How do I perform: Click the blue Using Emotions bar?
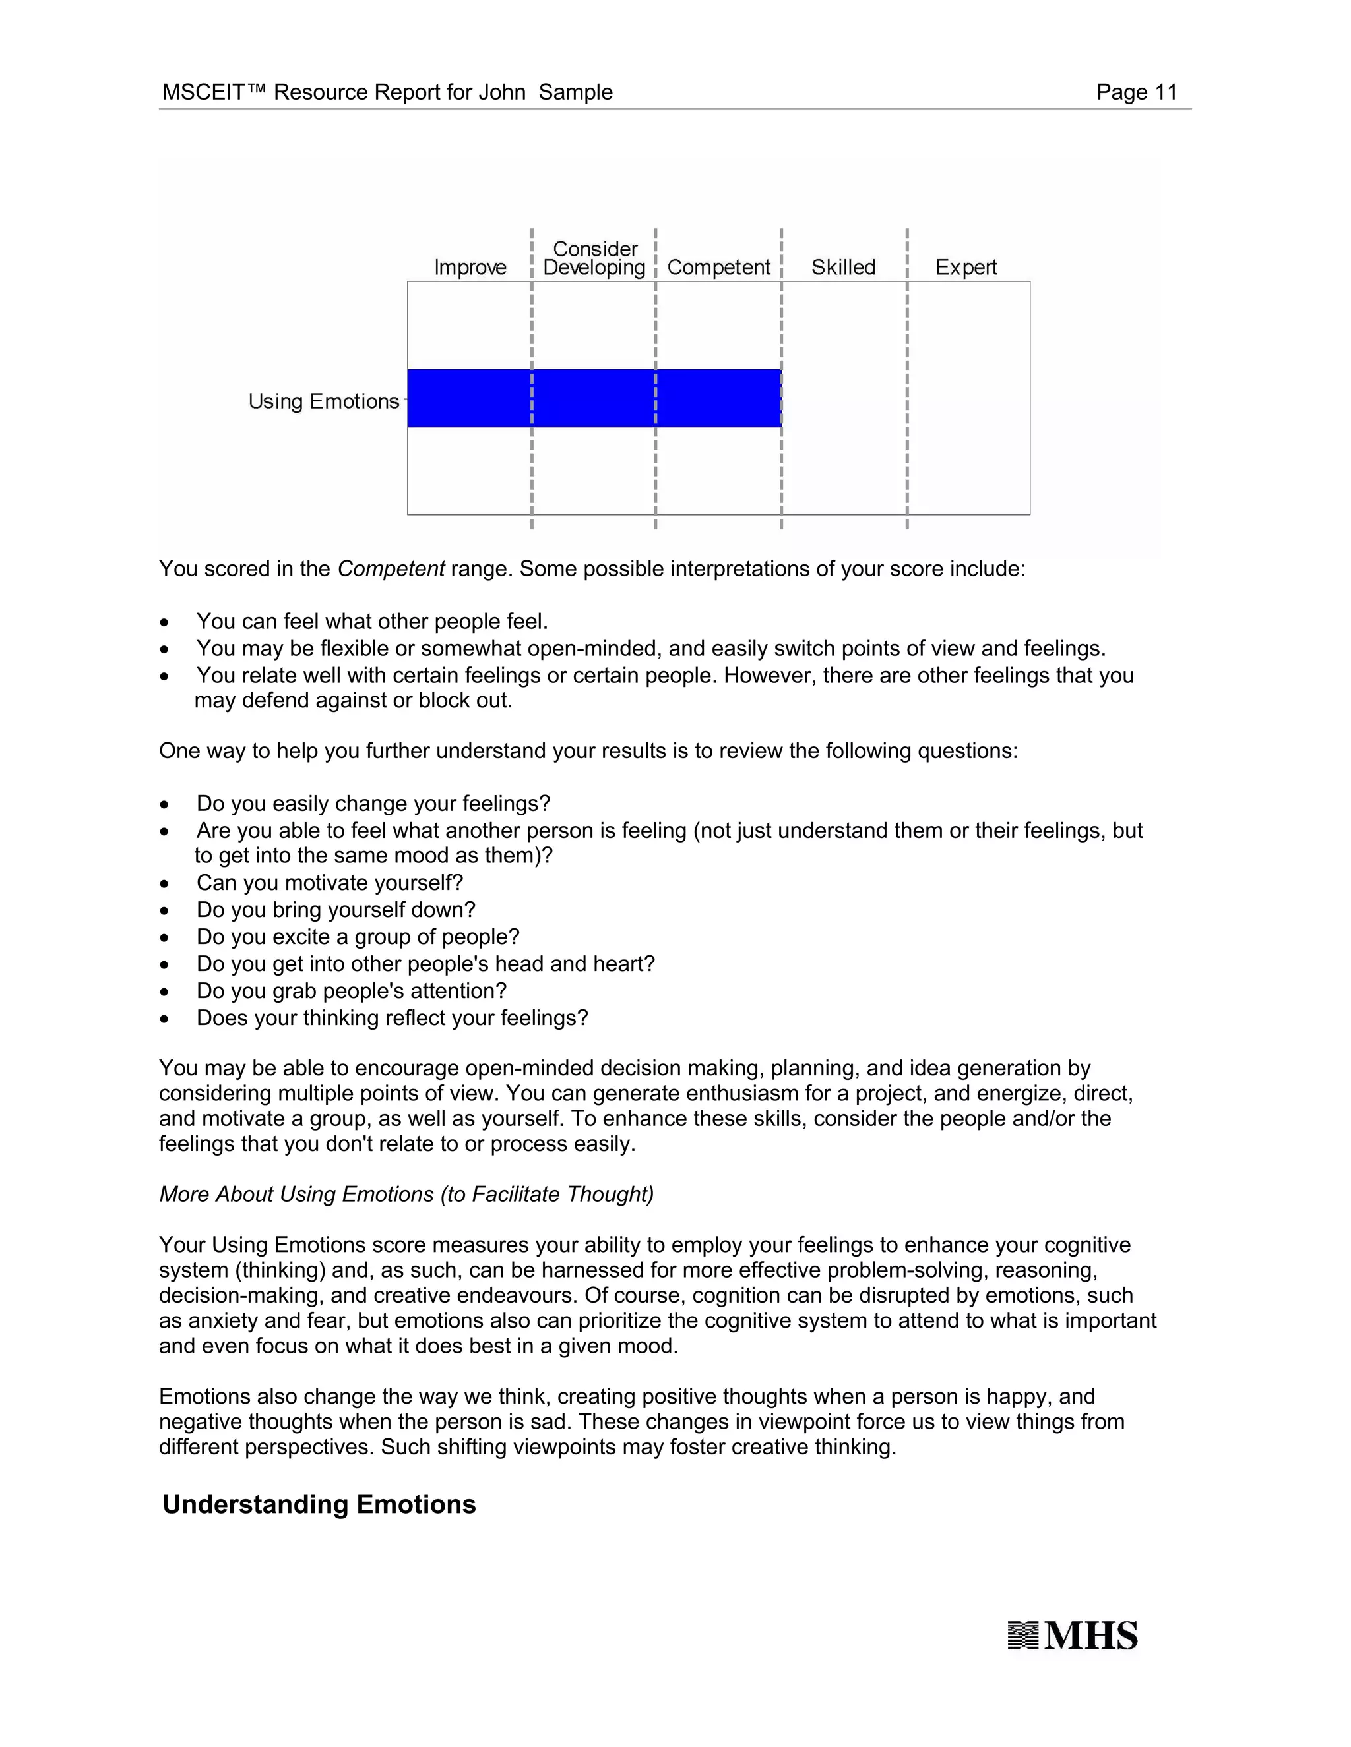[594, 398]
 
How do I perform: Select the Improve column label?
[470, 267]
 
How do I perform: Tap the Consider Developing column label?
[594, 258]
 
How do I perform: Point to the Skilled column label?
[843, 267]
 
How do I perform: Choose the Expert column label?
[965, 267]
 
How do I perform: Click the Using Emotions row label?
[323, 401]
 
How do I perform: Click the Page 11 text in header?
[1136, 92]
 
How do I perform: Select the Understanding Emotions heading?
[319, 1504]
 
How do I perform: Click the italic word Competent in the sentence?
[391, 569]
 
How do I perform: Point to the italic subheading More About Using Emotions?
[406, 1195]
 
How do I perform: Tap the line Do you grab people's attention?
[352, 990]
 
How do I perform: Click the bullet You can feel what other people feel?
[372, 622]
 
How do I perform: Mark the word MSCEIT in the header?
[203, 92]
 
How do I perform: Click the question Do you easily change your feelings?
[373, 803]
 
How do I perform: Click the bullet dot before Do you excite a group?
[164, 938]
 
